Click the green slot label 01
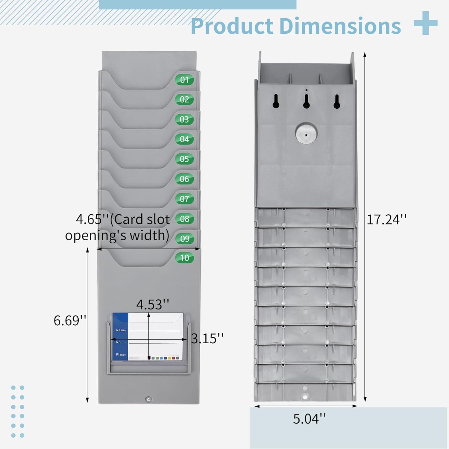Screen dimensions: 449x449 pyautogui.click(x=184, y=80)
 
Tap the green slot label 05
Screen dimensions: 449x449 pyautogui.click(x=184, y=159)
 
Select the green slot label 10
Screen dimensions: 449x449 pyautogui.click(x=184, y=258)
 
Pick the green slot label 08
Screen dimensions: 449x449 pyautogui.click(x=185, y=219)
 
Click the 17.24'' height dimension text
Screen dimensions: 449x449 pyautogui.click(x=386, y=220)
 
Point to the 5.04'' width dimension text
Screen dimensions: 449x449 pyautogui.click(x=309, y=419)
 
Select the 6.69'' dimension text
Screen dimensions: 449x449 pyautogui.click(x=70, y=321)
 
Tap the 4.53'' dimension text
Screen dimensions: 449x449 pyautogui.click(x=153, y=305)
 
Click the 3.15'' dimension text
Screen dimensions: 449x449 pyautogui.click(x=207, y=339)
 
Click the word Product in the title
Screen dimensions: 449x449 pyautogui.click(x=232, y=26)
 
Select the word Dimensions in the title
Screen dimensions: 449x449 pyautogui.click(x=340, y=26)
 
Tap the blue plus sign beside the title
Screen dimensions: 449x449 pyautogui.click(x=426, y=23)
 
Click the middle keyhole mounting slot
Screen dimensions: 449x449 pyautogui.click(x=306, y=101)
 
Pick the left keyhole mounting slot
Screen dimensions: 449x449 pyautogui.click(x=276, y=101)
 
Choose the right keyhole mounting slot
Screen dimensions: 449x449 pyautogui.click(x=337, y=101)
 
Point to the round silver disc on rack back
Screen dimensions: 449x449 pyautogui.click(x=306, y=134)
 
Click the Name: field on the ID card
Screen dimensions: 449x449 pyautogui.click(x=121, y=330)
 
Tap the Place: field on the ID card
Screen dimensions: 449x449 pyautogui.click(x=121, y=354)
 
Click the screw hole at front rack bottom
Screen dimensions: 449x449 pyautogui.click(x=148, y=399)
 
